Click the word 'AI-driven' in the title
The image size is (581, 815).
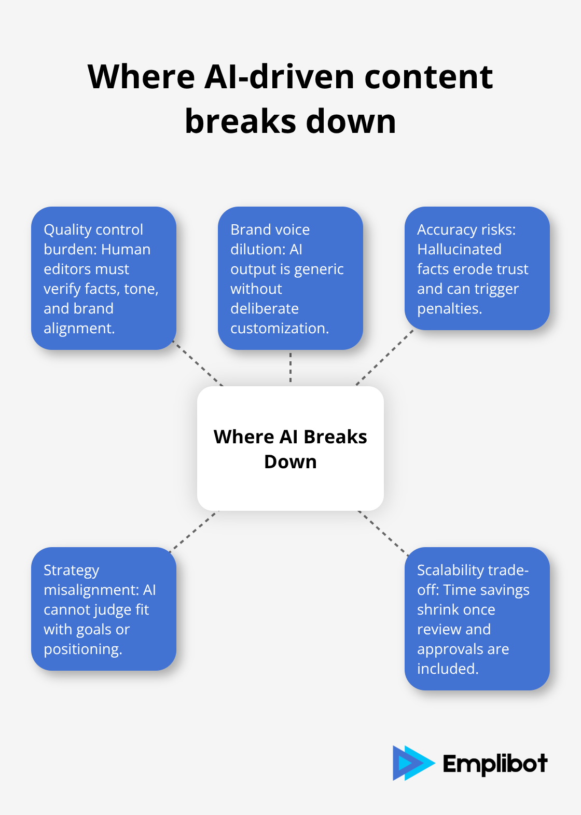279,77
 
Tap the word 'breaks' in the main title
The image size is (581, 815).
241,121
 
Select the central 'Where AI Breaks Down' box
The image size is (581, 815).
290,449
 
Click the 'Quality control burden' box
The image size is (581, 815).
104,278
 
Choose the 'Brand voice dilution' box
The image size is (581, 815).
290,278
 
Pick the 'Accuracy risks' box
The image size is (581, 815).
477,268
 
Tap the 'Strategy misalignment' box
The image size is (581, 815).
104,609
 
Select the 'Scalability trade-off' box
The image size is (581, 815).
477,619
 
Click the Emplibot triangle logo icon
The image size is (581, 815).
412,763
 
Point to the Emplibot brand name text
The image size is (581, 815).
495,764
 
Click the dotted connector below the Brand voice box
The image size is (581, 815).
290,368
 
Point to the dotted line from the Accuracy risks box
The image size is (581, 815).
384,358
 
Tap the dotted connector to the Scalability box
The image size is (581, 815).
383,533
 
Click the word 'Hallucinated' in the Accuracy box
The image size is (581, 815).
459,249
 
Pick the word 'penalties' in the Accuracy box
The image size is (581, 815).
449,308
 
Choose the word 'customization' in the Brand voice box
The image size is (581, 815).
279,328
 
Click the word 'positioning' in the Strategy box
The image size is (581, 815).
82,649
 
